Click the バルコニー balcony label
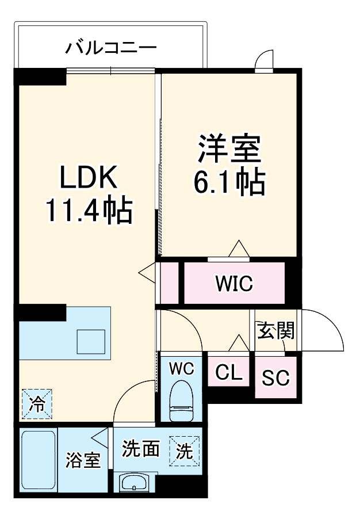tap(110, 47)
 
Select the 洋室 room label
tap(229, 149)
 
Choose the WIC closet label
tap(233, 283)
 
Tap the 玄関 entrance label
tap(275, 331)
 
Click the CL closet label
tap(228, 373)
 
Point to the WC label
tap(181, 368)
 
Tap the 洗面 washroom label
tap(140, 449)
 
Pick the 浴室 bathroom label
tap(83, 460)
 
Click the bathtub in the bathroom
tap(39, 460)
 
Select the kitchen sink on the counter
tap(91, 341)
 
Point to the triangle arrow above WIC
tap(239, 249)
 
